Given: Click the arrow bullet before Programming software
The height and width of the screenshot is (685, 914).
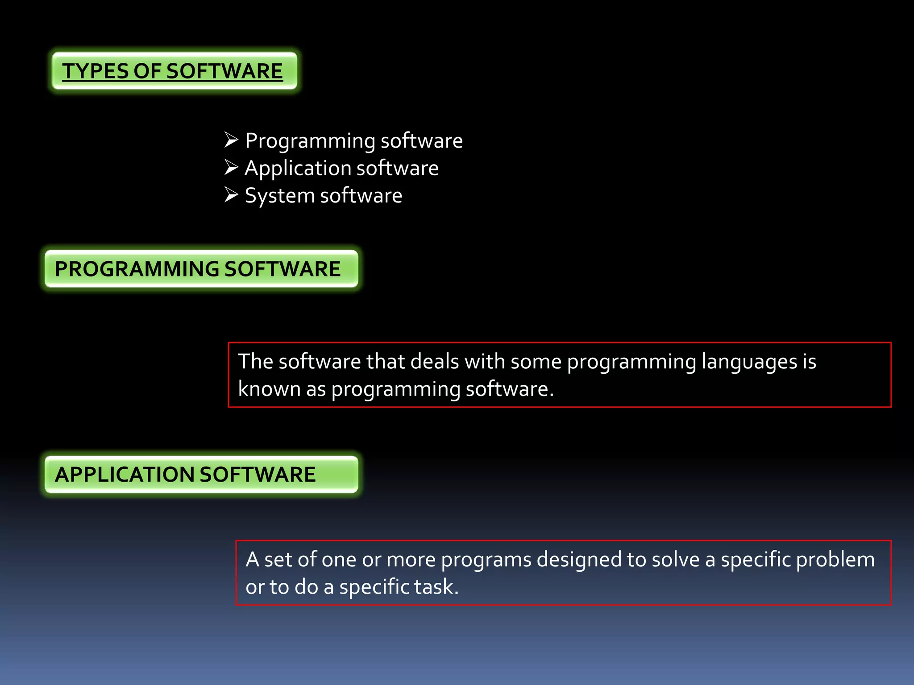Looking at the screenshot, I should (x=231, y=140).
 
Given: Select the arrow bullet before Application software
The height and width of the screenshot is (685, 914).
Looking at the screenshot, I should (x=231, y=167).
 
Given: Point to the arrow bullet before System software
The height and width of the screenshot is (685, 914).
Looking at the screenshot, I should (x=231, y=195).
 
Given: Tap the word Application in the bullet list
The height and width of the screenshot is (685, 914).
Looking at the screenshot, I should (x=297, y=169).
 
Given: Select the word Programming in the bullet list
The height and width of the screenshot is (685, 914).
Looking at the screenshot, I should (x=310, y=141).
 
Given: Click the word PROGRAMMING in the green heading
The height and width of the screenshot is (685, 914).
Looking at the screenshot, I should (x=137, y=269).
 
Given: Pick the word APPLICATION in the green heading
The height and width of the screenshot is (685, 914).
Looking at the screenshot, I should (x=124, y=474).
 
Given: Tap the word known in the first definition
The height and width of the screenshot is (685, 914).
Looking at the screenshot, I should (x=269, y=389).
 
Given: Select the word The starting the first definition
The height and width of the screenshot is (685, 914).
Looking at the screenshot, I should (x=255, y=362).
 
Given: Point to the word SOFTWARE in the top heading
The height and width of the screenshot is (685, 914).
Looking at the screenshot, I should (x=224, y=71).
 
